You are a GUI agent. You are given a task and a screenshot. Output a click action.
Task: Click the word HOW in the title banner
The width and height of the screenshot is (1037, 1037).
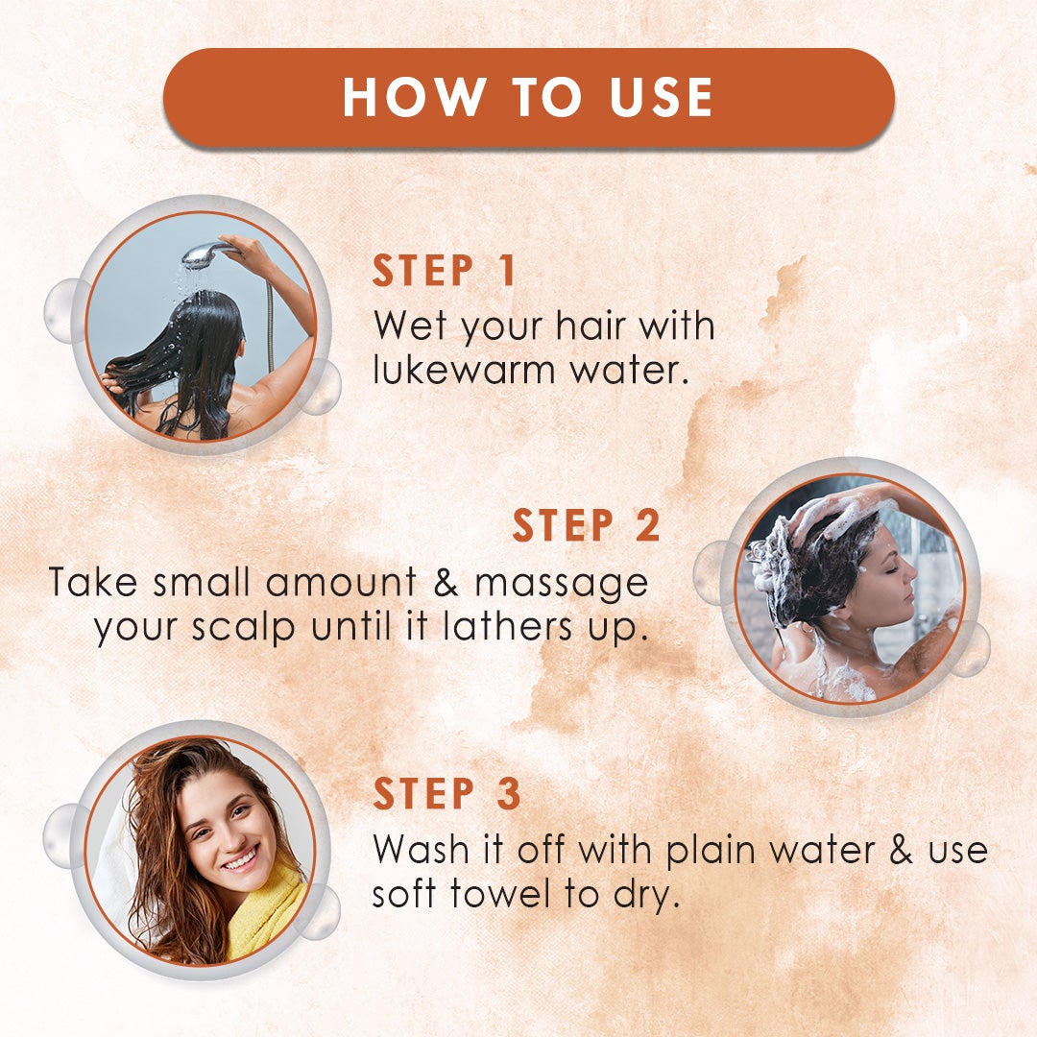413,97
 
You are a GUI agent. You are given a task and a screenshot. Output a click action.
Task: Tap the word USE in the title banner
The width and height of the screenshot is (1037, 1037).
661,97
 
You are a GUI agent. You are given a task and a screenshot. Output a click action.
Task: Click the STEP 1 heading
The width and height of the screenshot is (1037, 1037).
445,271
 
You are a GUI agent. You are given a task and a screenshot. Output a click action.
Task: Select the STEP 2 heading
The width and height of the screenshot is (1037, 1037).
587,525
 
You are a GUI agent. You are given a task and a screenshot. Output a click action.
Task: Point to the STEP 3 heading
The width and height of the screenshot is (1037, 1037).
447,793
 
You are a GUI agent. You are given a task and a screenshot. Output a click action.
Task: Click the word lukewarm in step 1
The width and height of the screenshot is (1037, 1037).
465,370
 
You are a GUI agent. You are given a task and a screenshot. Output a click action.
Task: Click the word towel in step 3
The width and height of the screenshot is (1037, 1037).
500,894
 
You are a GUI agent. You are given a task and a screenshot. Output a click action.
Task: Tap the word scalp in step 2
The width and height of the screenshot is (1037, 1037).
243,628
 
